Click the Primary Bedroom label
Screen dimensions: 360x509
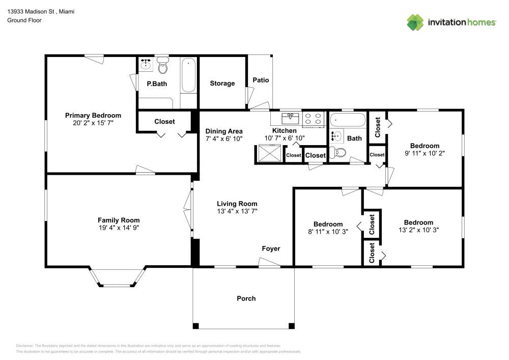tap(93, 116)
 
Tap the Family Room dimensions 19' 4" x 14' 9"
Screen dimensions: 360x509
tap(119, 228)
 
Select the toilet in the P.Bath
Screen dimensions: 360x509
tap(163, 66)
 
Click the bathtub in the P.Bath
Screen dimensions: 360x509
tap(188, 76)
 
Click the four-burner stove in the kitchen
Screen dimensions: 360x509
tap(314, 119)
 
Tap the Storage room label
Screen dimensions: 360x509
tap(222, 84)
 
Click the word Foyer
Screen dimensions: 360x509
tap(271, 248)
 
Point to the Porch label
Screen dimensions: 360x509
tap(246, 298)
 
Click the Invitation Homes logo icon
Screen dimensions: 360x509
tap(415, 22)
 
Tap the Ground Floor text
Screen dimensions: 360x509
tap(24, 20)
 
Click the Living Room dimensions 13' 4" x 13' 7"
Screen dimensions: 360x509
tap(237, 211)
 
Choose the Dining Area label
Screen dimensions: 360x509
tap(224, 131)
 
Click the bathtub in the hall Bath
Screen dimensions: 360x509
tap(348, 121)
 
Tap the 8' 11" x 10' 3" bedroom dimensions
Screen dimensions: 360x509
tap(328, 232)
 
